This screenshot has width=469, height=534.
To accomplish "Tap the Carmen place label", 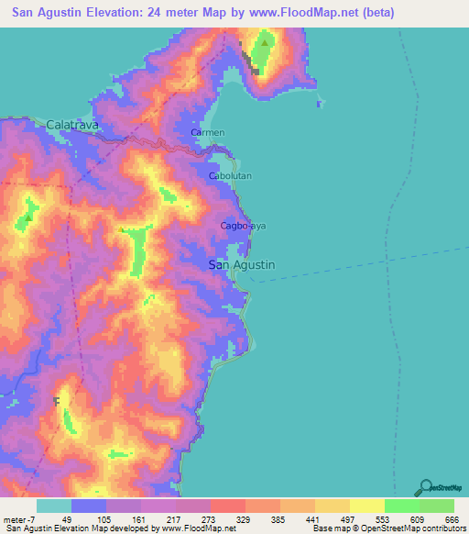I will (207, 133).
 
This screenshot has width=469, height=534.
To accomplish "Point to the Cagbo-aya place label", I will (243, 225).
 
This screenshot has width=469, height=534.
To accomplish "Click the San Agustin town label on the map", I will (242, 264).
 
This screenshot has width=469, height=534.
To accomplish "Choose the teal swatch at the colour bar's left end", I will (54, 506).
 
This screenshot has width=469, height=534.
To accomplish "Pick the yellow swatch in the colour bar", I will (366, 506).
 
